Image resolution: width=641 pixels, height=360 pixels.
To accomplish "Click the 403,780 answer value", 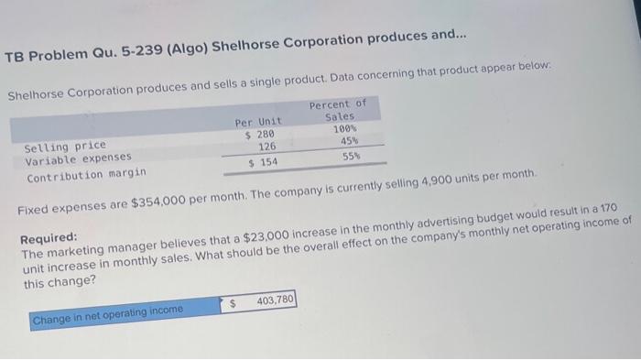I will coord(275,300).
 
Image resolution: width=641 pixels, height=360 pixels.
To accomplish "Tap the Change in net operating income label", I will coord(107,311).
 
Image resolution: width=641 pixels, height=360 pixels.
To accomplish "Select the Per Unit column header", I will coord(257,122).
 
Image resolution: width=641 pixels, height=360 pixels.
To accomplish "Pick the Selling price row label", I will coord(65,145).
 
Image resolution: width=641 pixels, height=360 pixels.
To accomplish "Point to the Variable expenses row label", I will coord(79,158).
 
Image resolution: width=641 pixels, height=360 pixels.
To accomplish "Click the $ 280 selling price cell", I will coord(260,135).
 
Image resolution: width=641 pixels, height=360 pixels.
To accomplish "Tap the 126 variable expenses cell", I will coord(266,147).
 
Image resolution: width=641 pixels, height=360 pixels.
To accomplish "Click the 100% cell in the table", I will coord(343,129).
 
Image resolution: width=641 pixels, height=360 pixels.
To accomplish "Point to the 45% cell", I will coord(349,141).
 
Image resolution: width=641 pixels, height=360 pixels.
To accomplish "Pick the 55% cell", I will coord(351,157).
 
